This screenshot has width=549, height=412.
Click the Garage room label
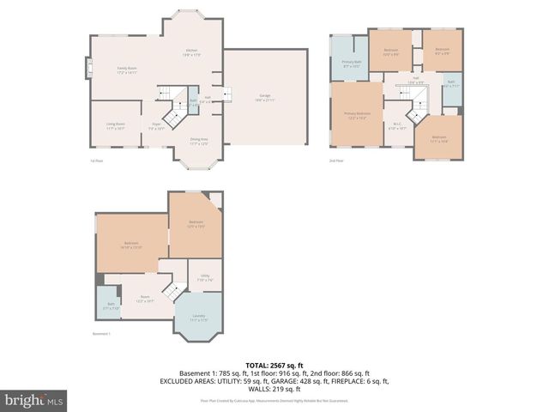pyautogui.click(x=265, y=97)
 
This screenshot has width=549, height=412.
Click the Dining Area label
pyautogui.click(x=198, y=142)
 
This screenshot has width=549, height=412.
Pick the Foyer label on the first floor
pyautogui.click(x=156, y=126)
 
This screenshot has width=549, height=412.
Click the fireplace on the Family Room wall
pyautogui.click(x=87, y=68)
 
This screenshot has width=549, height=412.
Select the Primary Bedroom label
pyautogui.click(x=357, y=115)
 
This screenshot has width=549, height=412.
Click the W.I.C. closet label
pyautogui.click(x=397, y=125)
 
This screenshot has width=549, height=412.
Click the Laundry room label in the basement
pyautogui.click(x=197, y=318)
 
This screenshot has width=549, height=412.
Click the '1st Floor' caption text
pyautogui.click(x=97, y=161)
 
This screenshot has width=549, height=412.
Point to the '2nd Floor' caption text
pyautogui.click(x=337, y=161)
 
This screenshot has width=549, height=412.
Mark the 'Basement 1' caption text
pyautogui.click(x=102, y=334)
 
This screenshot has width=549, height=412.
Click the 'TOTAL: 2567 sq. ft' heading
pyautogui.click(x=274, y=366)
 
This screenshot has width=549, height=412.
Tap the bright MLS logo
pyautogui.click(x=34, y=400)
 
